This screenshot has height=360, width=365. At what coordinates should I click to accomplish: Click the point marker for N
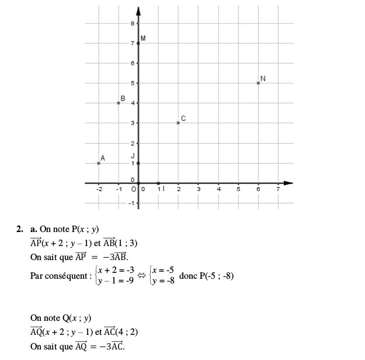[258, 83]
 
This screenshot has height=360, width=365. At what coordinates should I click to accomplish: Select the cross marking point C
[178, 123]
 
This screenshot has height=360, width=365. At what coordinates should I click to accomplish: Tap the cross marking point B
[119, 103]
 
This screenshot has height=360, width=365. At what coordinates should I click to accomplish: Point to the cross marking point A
[99, 163]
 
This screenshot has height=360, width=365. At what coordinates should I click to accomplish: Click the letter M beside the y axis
[143, 38]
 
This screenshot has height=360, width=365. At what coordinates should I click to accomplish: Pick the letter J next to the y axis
[133, 155]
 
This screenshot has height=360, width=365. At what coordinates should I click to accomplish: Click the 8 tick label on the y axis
[133, 23]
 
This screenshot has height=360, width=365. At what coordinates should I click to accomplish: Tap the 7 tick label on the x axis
[278, 189]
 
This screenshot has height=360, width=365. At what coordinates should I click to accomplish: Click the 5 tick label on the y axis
[133, 83]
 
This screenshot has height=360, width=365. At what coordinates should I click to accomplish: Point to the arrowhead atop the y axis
[138, 10]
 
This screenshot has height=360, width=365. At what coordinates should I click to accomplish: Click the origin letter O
[134, 189]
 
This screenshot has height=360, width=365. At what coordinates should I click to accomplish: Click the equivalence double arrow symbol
[141, 275]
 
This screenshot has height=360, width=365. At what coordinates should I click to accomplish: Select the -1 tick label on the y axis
[131, 203]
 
